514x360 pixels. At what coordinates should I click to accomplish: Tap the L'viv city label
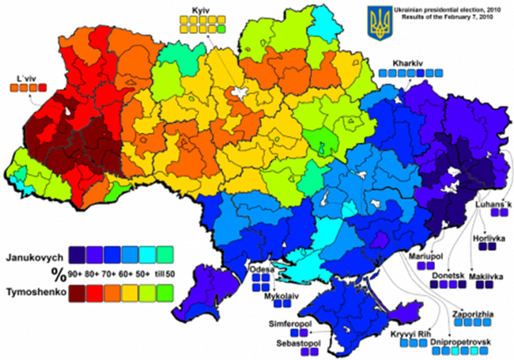click(x=28, y=78)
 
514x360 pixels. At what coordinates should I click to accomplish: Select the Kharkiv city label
click(x=408, y=62)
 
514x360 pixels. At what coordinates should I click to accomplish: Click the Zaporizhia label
click(x=472, y=314)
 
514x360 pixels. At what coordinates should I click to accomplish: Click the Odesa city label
click(x=260, y=269)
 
